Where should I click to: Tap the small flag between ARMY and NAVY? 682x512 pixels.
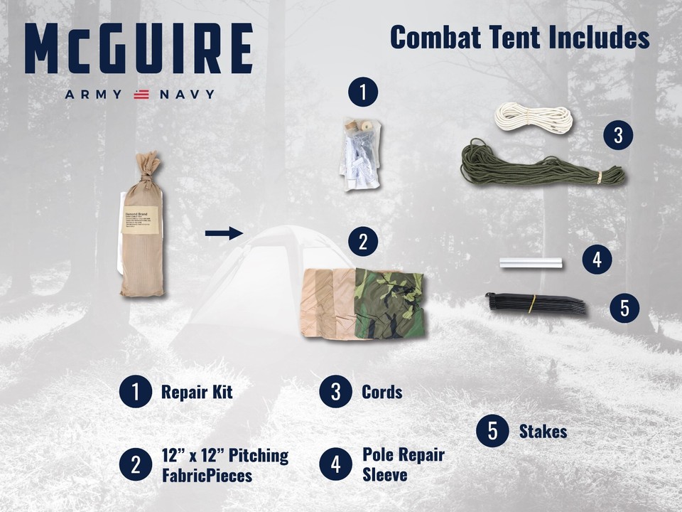(141, 95)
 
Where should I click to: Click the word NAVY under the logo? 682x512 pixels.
(185, 95)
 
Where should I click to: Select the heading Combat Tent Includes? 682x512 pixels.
(519, 38)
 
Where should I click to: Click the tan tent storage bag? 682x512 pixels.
(141, 228)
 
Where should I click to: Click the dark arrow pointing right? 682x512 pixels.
(223, 233)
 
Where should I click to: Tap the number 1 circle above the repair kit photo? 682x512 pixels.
(363, 92)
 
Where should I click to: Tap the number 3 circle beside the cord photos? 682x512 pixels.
(617, 135)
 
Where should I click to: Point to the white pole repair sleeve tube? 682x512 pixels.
(531, 263)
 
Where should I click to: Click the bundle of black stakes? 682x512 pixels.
(536, 304)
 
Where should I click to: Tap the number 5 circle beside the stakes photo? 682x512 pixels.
(624, 308)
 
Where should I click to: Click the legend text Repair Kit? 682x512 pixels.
(197, 392)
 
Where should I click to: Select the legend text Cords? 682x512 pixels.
(381, 392)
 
